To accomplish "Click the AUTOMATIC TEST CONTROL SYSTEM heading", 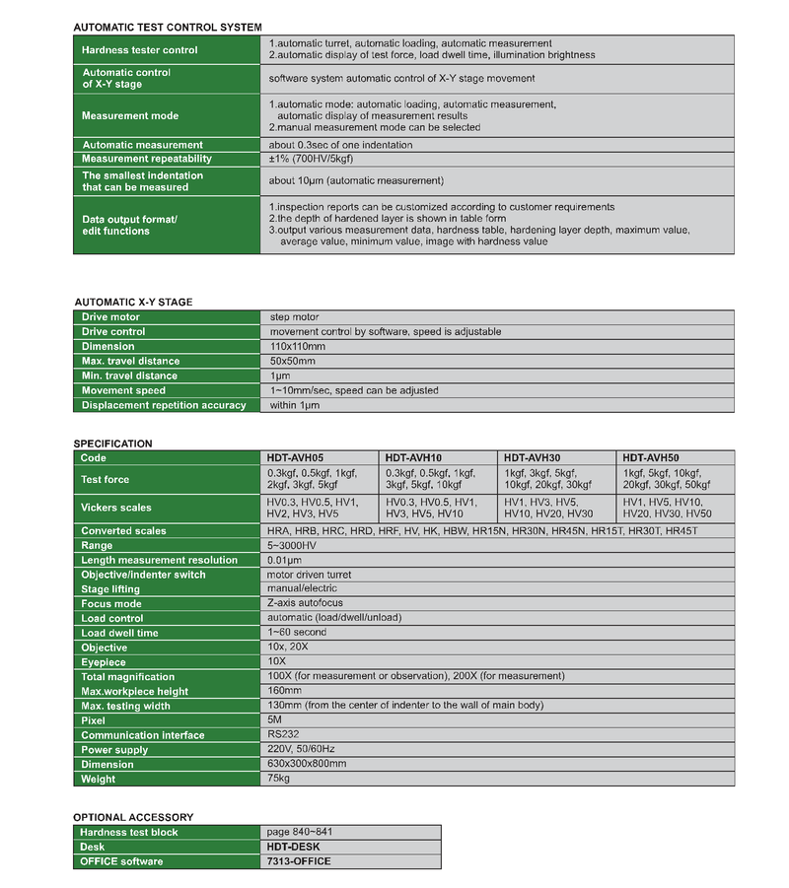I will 168,28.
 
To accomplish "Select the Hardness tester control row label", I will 139,50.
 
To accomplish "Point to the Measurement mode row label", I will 130,115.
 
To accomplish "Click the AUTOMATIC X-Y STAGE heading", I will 133,302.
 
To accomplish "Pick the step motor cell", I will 295,317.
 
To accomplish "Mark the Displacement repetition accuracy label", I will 164,405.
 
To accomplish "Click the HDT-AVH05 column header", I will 295,458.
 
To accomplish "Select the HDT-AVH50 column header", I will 651,458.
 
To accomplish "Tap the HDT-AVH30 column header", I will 533,458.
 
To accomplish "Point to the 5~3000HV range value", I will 292,545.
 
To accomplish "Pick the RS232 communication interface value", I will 283,734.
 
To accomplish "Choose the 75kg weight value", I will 279,779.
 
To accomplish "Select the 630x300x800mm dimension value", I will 307,764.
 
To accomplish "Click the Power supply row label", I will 114,750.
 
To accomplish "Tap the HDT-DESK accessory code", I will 293,847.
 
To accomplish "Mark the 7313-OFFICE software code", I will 299,861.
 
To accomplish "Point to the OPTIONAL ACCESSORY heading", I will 133,817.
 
